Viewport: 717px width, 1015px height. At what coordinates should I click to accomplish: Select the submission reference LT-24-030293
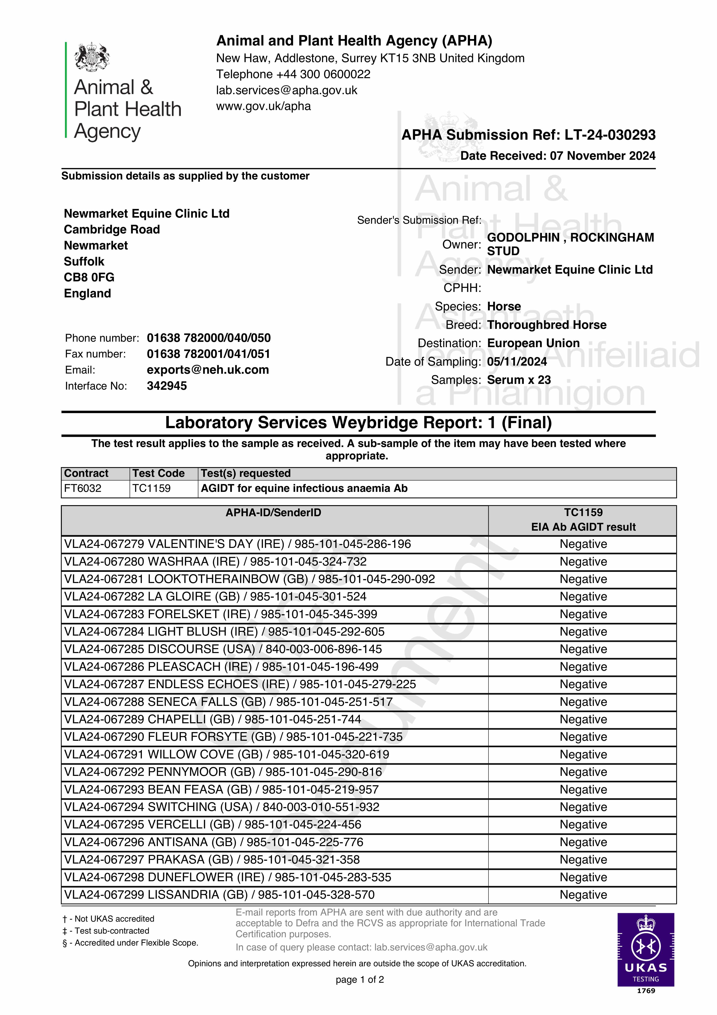point(610,135)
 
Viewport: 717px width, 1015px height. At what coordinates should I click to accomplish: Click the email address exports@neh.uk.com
point(208,370)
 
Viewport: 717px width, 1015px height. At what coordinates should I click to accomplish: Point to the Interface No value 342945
point(167,386)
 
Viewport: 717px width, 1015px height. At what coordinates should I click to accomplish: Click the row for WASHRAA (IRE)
point(215,562)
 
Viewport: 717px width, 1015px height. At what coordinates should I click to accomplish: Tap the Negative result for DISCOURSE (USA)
point(583,649)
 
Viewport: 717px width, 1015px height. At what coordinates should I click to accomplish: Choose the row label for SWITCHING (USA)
point(221,807)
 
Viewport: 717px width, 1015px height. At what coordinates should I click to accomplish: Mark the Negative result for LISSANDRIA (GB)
point(583,895)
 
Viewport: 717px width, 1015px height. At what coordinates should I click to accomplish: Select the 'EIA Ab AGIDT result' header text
point(583,527)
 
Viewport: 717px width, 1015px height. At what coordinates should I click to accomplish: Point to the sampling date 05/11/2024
point(517,362)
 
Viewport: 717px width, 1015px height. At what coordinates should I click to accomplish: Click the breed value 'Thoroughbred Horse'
point(546,325)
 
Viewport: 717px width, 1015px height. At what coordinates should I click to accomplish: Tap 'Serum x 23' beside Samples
point(519,380)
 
